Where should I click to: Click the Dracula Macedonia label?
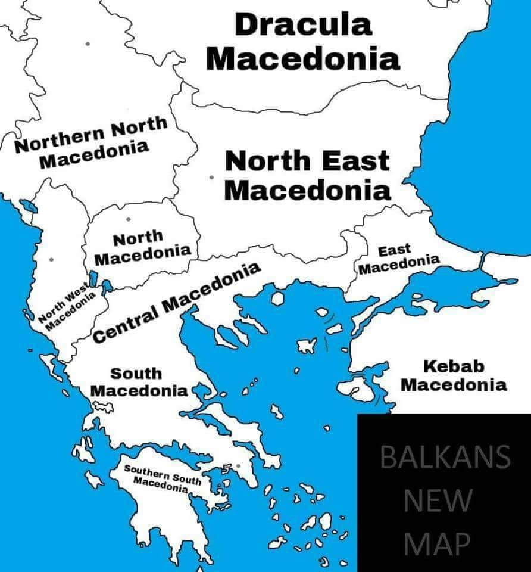[x=306, y=42]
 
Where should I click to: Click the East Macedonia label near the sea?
[x=398, y=260]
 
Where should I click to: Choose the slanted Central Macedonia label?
[x=177, y=303]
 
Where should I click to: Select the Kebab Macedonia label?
[x=453, y=375]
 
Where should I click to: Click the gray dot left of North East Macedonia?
[x=211, y=178]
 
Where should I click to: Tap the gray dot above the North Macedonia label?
[x=128, y=219]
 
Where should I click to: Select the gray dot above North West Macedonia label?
[x=52, y=259]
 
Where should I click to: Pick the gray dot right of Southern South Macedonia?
[x=238, y=465]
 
